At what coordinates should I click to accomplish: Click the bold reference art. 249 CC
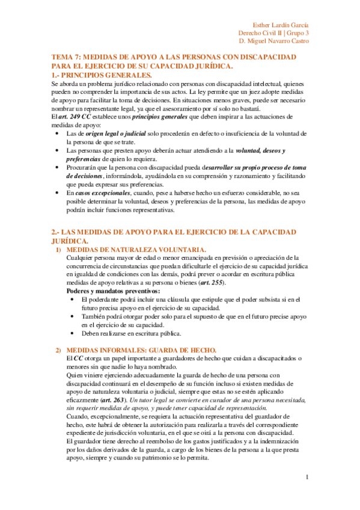pos(75,116)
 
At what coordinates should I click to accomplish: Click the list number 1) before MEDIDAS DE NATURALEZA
pos(58,250)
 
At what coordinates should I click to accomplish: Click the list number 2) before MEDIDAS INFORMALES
pos(58,350)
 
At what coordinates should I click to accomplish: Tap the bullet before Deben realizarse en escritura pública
pos(73,333)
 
